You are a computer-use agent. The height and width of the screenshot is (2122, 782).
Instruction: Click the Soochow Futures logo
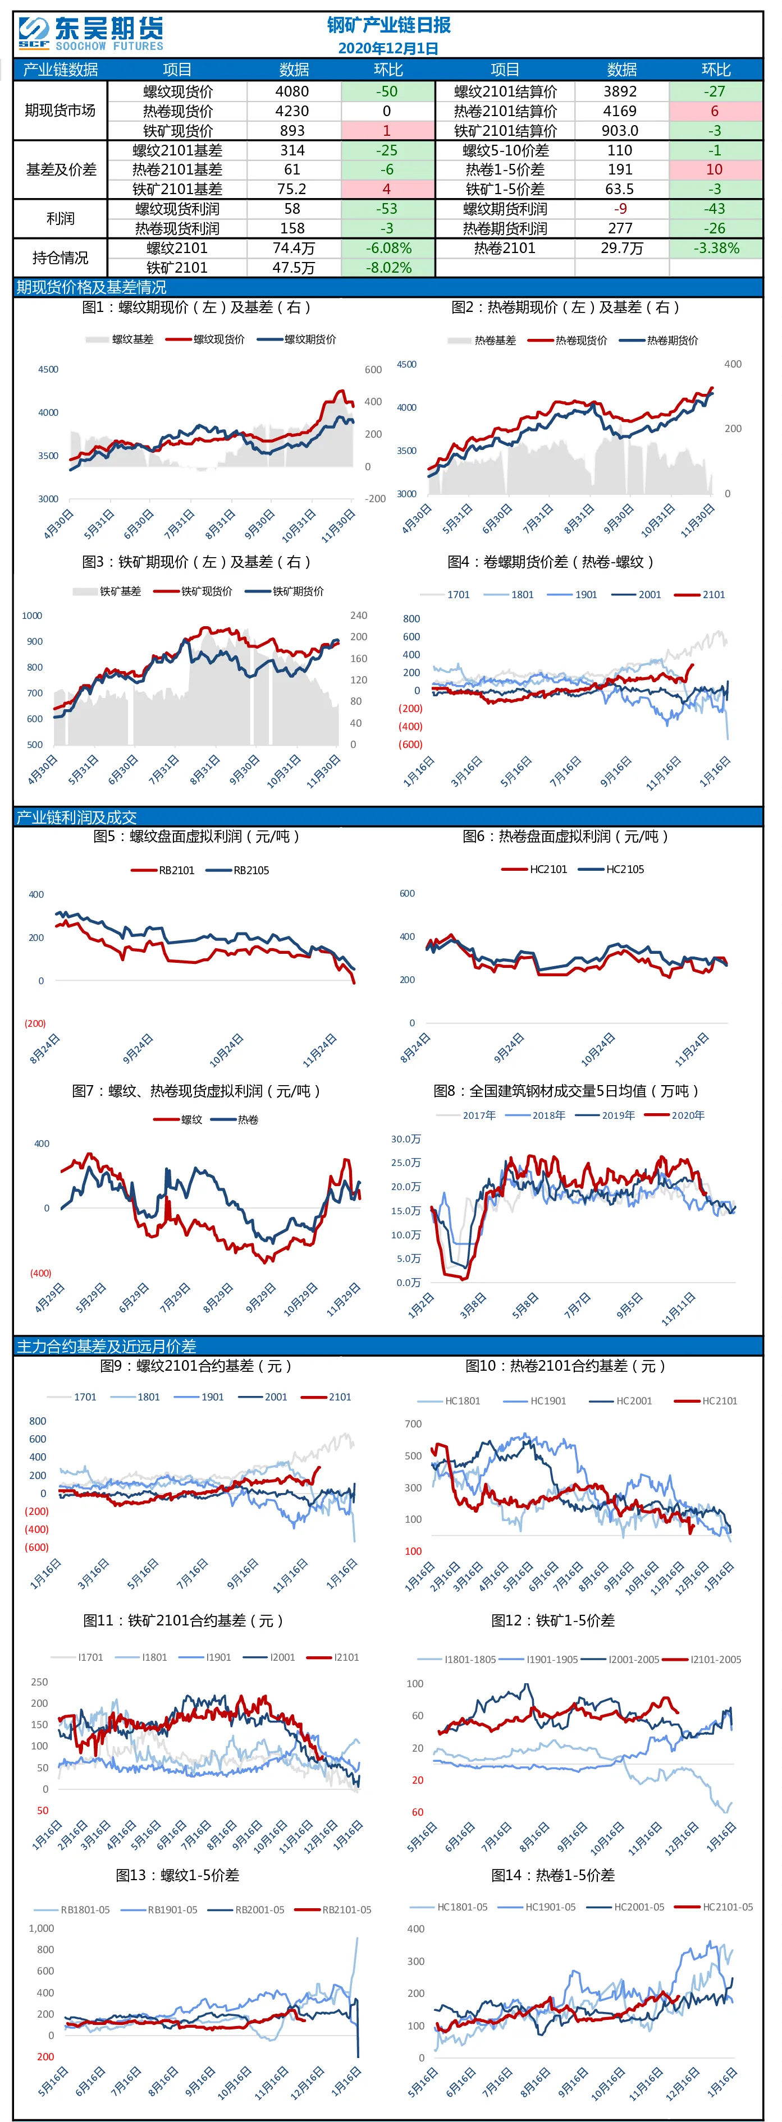[90, 33]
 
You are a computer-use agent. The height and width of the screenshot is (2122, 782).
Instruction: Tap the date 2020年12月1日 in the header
[388, 48]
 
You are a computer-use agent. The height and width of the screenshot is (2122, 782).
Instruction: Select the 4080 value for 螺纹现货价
[292, 91]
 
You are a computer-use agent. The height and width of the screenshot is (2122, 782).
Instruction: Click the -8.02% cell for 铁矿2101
[388, 268]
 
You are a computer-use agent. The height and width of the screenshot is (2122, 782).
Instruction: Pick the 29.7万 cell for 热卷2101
[621, 248]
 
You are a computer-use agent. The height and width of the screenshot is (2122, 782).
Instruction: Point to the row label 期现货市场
[60, 111]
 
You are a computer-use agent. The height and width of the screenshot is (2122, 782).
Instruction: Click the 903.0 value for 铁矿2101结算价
[620, 130]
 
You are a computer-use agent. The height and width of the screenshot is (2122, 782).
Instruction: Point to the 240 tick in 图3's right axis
[359, 616]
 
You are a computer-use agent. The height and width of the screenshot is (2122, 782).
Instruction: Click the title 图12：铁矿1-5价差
[553, 1620]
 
